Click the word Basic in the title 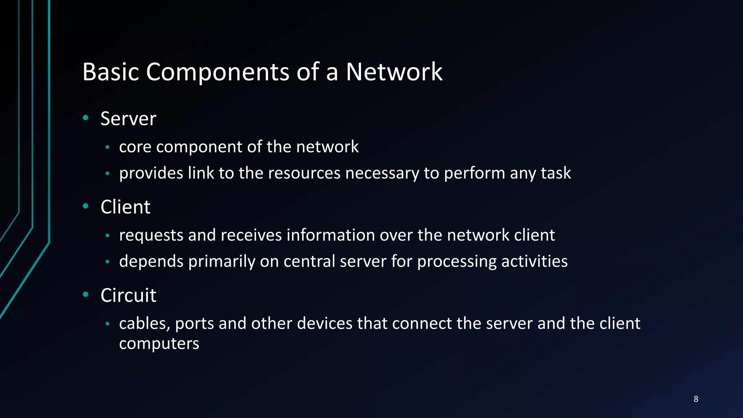(x=111, y=71)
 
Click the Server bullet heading (x=128, y=119)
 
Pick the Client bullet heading (x=125, y=207)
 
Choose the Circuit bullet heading (x=128, y=295)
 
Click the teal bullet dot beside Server (x=86, y=118)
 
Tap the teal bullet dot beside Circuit (x=86, y=294)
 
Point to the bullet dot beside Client (x=86, y=206)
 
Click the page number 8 (x=695, y=399)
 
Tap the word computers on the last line (x=159, y=344)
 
